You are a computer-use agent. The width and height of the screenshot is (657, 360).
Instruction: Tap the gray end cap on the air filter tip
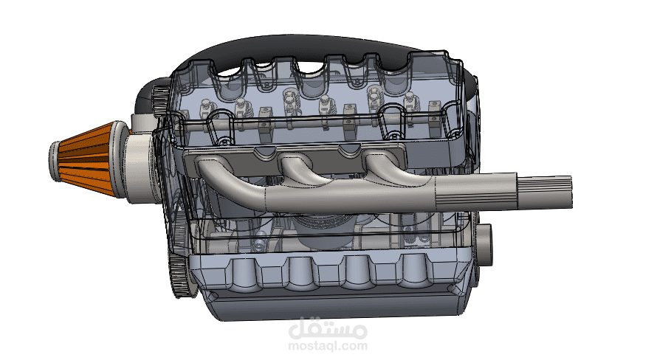point(55,162)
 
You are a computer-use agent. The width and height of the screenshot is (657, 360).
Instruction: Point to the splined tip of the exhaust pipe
point(545,191)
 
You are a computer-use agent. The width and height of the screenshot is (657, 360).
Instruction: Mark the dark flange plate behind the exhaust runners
point(293,159)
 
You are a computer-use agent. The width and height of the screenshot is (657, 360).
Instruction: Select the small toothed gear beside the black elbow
point(159,101)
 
